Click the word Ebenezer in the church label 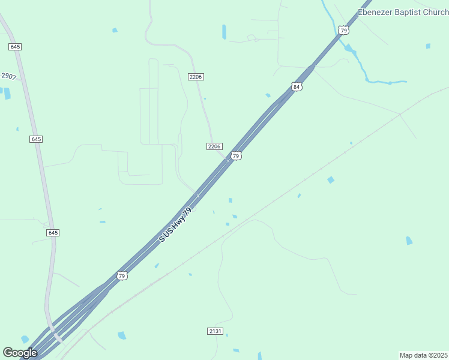[x=375, y=12]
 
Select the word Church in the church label [x=435, y=12]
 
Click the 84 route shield [x=297, y=87]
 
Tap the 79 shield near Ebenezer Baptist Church [x=342, y=29]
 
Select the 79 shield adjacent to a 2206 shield [x=236, y=155]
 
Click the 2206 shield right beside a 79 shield [x=214, y=146]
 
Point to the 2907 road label [x=8, y=76]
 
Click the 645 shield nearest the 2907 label [x=15, y=47]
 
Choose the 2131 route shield [x=215, y=331]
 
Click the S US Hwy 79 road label [x=175, y=225]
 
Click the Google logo [x=20, y=353]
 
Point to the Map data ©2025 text [x=423, y=355]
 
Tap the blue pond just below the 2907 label [x=7, y=93]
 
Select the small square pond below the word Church [x=428, y=46]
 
